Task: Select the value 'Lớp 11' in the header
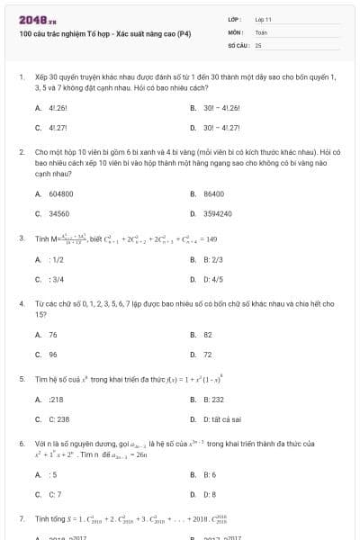tap(263, 19)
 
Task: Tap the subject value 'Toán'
tap(261, 31)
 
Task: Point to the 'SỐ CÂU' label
tap(238, 44)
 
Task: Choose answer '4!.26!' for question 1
tap(56, 107)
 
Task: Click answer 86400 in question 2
tap(213, 193)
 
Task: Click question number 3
tap(21, 238)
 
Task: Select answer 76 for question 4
tap(53, 334)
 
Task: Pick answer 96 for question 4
tap(53, 354)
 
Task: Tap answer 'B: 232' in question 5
tap(213, 399)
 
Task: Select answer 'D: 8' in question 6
tap(210, 494)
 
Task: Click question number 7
tap(21, 519)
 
